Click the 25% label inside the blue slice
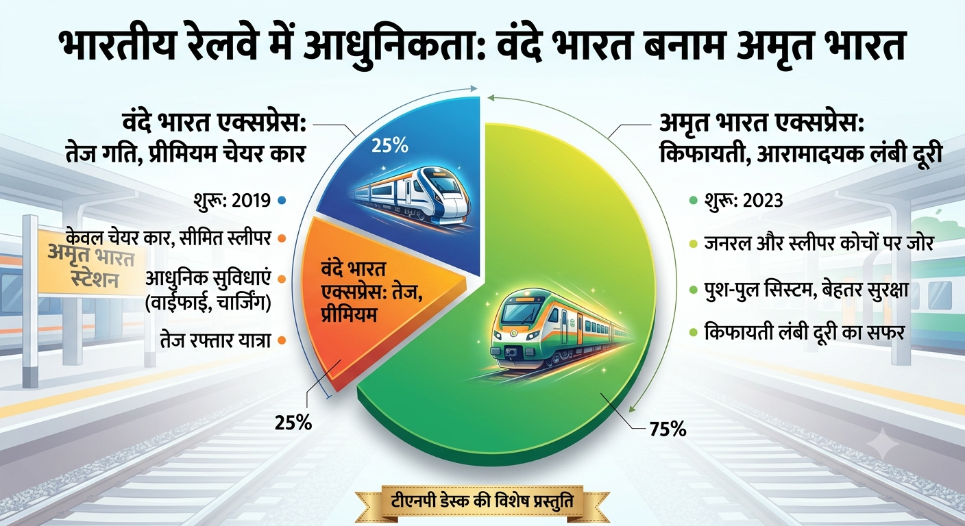[390, 147]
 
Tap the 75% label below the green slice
[668, 429]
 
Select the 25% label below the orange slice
[293, 423]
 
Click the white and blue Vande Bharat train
[411, 196]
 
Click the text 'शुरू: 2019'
[232, 201]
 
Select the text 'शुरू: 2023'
[744, 201]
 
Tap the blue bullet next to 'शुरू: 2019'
[282, 200]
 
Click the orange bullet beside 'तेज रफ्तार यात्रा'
[282, 340]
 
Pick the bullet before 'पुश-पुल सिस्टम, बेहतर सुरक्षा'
[693, 290]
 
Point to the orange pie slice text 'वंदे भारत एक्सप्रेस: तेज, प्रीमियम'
[371, 293]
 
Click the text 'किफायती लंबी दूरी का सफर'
[804, 332]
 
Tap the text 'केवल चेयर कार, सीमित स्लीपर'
[169, 238]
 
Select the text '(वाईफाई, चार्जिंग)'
[208, 304]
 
